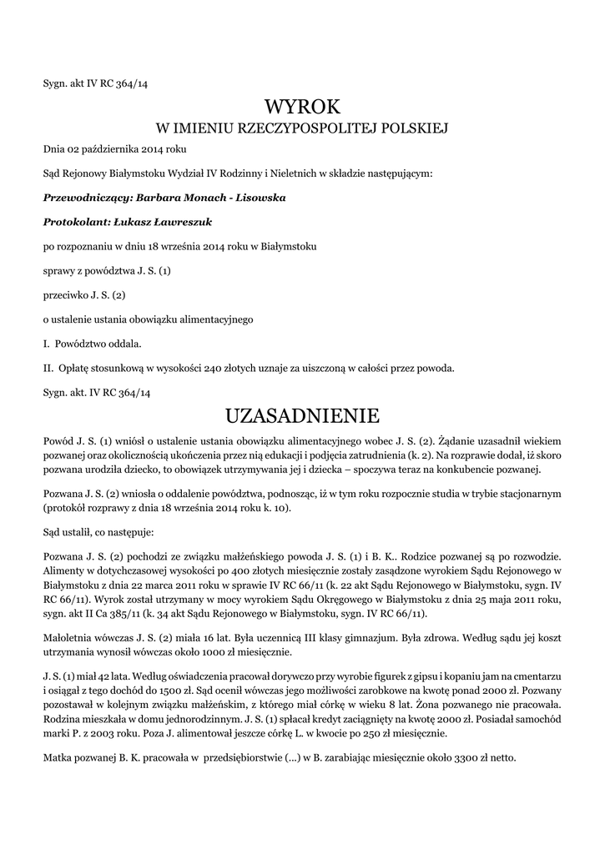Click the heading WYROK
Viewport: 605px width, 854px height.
click(302, 106)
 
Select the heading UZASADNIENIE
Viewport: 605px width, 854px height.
click(302, 414)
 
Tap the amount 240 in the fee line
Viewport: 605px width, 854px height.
click(214, 368)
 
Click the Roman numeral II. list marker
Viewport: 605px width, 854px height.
click(48, 368)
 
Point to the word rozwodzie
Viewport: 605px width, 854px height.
click(533, 555)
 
